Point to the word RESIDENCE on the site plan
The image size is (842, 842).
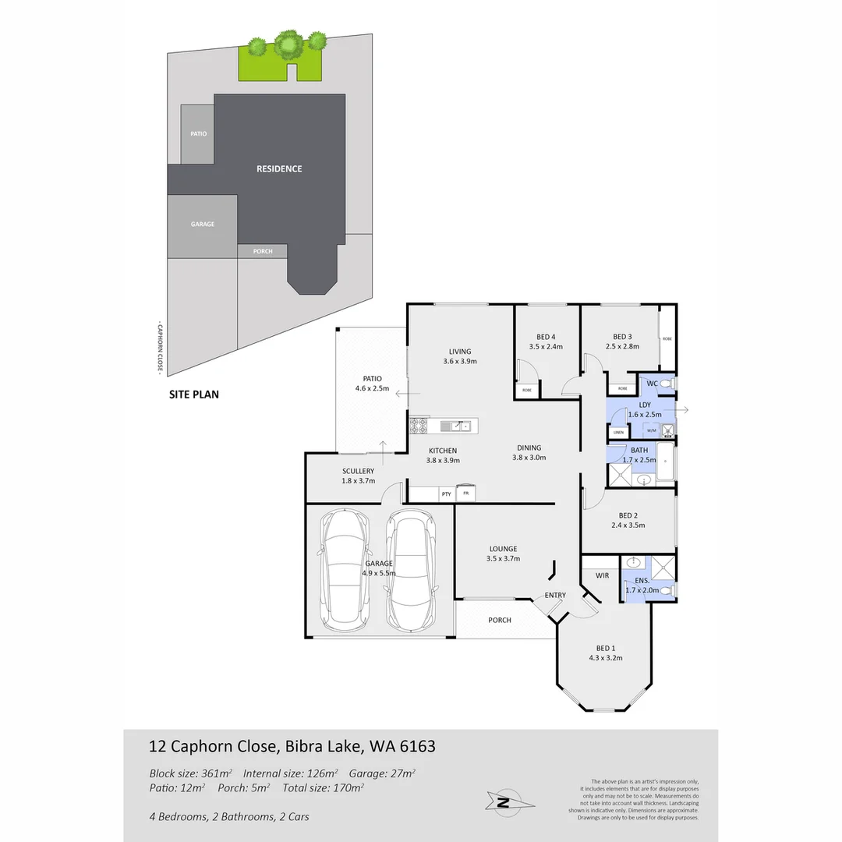[x=279, y=168]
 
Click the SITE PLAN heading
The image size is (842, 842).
[x=194, y=394]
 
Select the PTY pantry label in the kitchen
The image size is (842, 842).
[x=446, y=494]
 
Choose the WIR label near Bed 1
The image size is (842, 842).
[x=601, y=575]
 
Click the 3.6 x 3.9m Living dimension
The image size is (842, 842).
[x=459, y=362]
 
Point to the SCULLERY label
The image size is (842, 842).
[x=358, y=471]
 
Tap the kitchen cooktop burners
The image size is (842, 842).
[x=419, y=426]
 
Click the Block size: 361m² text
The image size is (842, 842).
[x=191, y=773]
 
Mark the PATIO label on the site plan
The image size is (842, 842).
[x=198, y=134]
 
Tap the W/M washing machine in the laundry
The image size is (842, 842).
[x=651, y=430]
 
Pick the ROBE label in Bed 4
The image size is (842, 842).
[x=527, y=389]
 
